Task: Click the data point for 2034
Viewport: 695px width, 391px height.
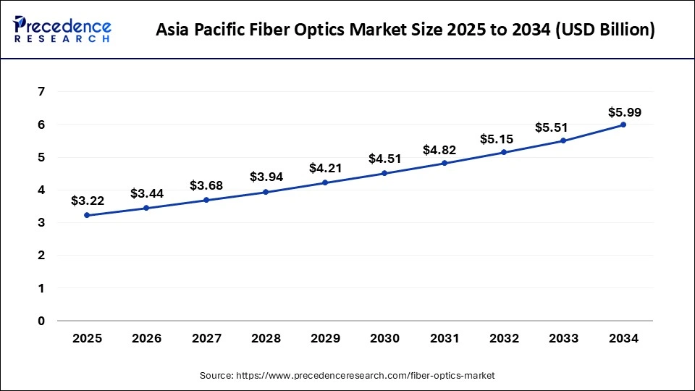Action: (x=623, y=125)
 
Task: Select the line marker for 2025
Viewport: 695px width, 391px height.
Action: (x=87, y=215)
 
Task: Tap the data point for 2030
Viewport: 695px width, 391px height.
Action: (x=384, y=173)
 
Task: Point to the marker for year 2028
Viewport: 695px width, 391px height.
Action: (x=266, y=192)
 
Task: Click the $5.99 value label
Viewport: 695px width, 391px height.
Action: (x=624, y=112)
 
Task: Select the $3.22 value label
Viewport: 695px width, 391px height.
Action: (x=88, y=201)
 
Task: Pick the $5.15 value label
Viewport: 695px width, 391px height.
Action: (x=504, y=138)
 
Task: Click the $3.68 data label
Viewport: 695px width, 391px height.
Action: (x=206, y=186)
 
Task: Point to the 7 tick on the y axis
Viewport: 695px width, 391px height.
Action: (x=41, y=92)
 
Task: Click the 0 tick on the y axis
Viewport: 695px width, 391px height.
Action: (x=41, y=321)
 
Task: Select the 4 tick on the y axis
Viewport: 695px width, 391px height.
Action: (x=41, y=190)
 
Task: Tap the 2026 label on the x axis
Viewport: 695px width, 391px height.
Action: (x=146, y=339)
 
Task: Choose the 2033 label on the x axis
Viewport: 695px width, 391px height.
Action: (x=563, y=339)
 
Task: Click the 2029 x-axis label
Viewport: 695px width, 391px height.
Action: (x=325, y=339)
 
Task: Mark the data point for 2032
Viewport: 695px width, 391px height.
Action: (x=504, y=152)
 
